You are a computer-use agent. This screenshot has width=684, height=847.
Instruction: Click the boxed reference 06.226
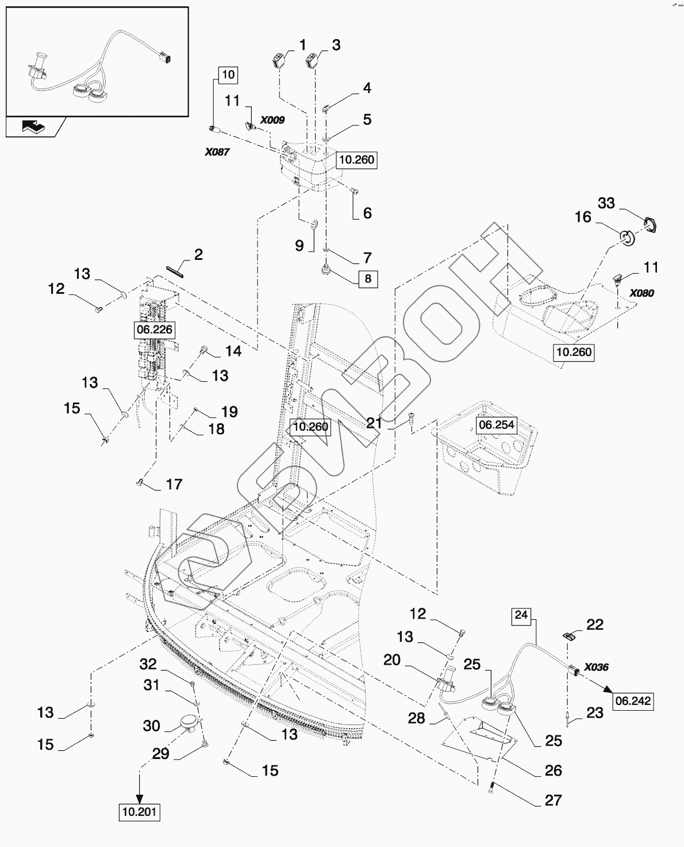[154, 329]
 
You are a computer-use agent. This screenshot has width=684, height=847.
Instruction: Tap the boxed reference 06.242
[633, 700]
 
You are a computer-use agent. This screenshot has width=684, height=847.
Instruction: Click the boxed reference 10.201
[140, 812]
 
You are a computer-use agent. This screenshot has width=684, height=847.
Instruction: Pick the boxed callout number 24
[521, 615]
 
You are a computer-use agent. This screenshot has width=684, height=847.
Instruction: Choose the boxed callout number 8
[368, 279]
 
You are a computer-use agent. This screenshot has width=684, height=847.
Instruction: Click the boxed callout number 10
[228, 74]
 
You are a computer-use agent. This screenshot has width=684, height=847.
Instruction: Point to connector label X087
[217, 152]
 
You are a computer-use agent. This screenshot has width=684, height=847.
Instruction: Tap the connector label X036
[596, 667]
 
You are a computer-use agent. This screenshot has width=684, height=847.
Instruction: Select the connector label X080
[641, 293]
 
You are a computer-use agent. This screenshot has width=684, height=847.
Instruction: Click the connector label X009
[272, 120]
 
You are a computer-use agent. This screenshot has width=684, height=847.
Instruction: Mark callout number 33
[606, 203]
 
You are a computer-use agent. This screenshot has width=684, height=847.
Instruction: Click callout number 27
[553, 800]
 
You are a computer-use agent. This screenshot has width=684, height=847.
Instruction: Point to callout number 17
[174, 484]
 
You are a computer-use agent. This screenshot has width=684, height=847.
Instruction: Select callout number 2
[198, 254]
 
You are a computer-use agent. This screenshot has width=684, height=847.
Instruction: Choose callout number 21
[374, 423]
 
